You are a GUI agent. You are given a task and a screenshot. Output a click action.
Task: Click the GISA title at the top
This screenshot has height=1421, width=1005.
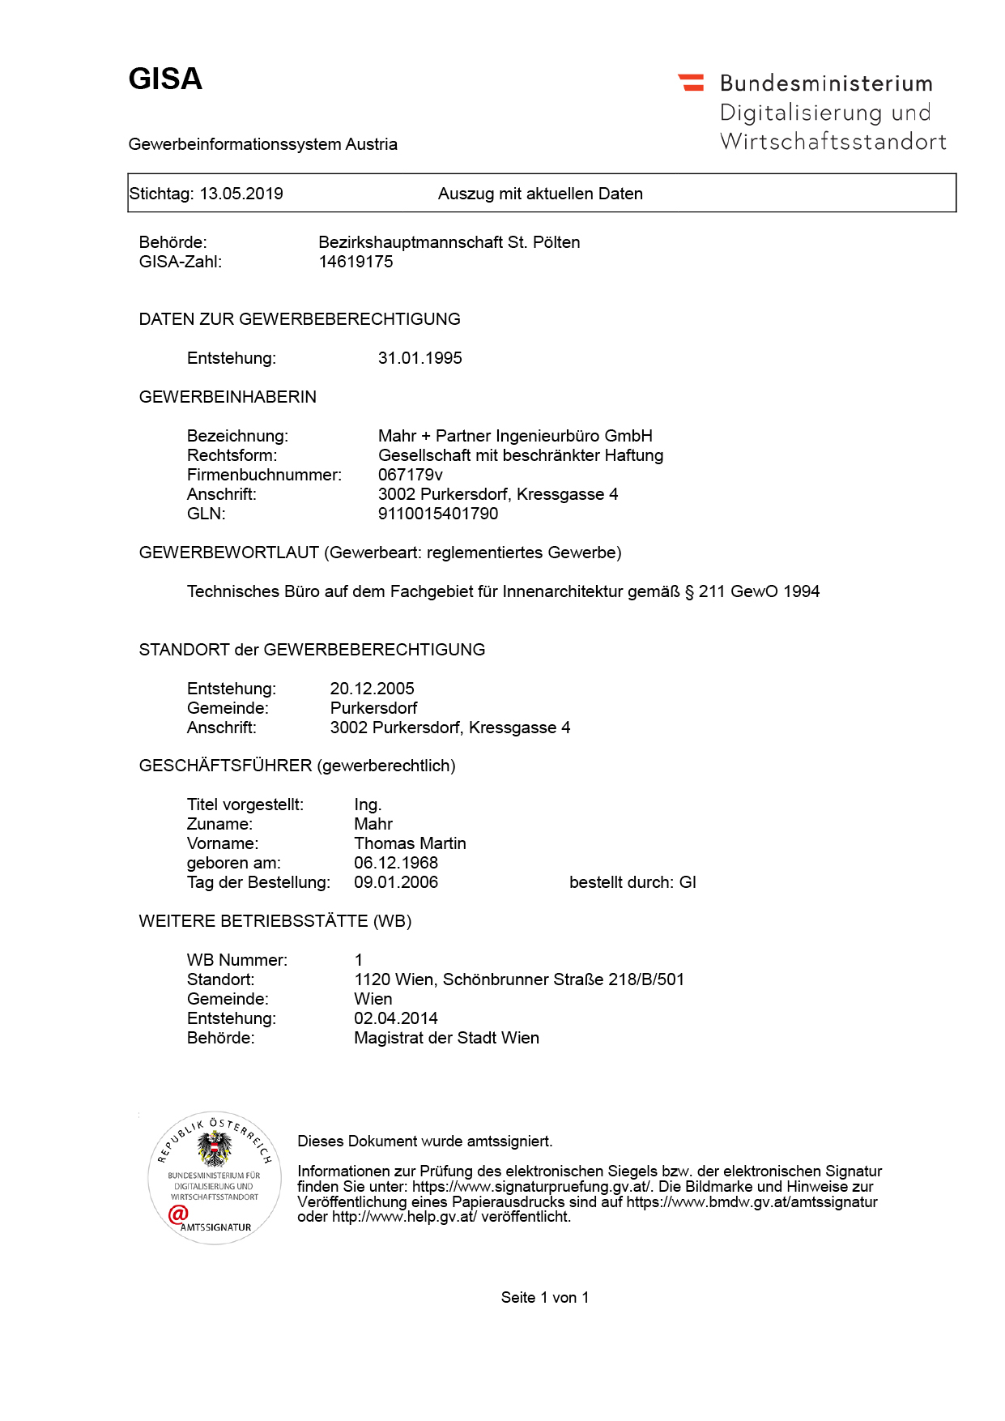[165, 79]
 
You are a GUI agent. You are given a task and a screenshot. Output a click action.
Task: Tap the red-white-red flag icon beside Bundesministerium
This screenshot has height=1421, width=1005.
[692, 82]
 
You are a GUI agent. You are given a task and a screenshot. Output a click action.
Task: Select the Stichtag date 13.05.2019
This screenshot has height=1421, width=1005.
[241, 194]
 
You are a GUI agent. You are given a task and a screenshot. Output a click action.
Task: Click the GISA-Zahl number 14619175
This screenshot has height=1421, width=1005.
[356, 262]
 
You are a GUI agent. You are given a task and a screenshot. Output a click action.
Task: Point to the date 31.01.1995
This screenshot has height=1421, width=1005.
[419, 358]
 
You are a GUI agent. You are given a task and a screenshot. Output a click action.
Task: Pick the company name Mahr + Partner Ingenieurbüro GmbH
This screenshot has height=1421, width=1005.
[515, 436]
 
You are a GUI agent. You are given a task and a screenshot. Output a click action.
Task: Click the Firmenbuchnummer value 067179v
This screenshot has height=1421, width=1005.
[410, 475]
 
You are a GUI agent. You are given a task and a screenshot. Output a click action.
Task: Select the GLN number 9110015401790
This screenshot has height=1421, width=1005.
[438, 514]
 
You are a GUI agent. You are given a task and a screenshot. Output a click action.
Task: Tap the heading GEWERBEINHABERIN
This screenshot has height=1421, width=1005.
[228, 397]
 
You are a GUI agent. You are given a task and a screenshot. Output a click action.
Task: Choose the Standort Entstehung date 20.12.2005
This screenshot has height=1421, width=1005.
[372, 689]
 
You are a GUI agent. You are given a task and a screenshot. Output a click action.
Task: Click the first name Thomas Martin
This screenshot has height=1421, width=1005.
[410, 843]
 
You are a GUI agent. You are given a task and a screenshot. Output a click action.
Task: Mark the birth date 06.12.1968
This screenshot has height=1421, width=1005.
[396, 863]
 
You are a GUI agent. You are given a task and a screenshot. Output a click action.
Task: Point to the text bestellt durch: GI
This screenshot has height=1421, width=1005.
[632, 882]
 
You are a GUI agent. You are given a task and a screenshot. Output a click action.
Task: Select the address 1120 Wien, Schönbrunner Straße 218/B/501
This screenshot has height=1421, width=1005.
[519, 979]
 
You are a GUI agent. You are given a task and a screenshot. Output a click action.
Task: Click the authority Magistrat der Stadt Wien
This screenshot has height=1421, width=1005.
[446, 1038]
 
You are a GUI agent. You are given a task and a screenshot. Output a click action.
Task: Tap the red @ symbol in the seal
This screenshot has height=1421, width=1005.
[178, 1214]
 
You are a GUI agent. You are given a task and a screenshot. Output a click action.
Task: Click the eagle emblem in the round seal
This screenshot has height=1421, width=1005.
[215, 1149]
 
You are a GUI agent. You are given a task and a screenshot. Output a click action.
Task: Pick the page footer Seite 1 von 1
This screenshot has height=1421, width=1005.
[545, 1298]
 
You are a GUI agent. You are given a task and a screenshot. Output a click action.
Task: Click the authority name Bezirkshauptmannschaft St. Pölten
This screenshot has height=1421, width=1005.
[449, 242]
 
